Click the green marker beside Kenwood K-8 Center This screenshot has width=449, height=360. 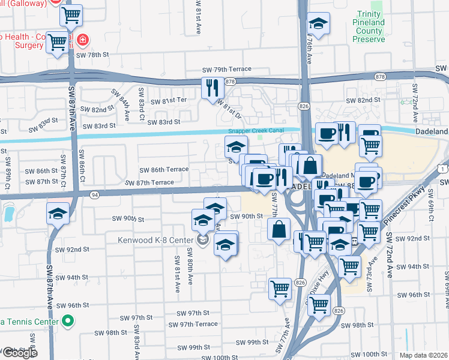point(203,241)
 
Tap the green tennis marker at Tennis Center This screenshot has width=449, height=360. point(68,322)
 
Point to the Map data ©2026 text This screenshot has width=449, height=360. point(423,355)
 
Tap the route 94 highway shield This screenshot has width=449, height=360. point(94,194)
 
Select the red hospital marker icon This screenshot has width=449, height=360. point(82,40)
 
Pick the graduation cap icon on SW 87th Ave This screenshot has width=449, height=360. point(58,213)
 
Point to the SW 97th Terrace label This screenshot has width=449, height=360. point(193,325)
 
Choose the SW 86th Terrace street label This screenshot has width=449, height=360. point(164,170)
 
